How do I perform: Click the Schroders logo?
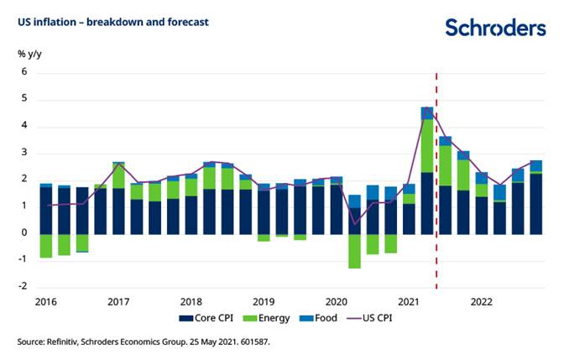pyautogui.click(x=495, y=28)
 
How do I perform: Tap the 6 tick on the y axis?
pyautogui.click(x=25, y=72)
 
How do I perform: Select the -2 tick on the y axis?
pyautogui.click(x=23, y=286)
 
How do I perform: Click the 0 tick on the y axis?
pyautogui.click(x=25, y=232)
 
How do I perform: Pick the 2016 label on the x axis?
pyautogui.click(x=46, y=300)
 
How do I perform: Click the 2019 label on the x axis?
pyautogui.click(x=264, y=300)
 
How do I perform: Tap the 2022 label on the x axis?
pyautogui.click(x=481, y=300)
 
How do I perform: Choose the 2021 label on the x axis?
pyautogui.click(x=409, y=300)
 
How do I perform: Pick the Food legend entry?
pyautogui.click(x=326, y=320)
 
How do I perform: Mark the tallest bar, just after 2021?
pyautogui.click(x=426, y=168)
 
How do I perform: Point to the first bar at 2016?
pyautogui.click(x=46, y=210)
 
